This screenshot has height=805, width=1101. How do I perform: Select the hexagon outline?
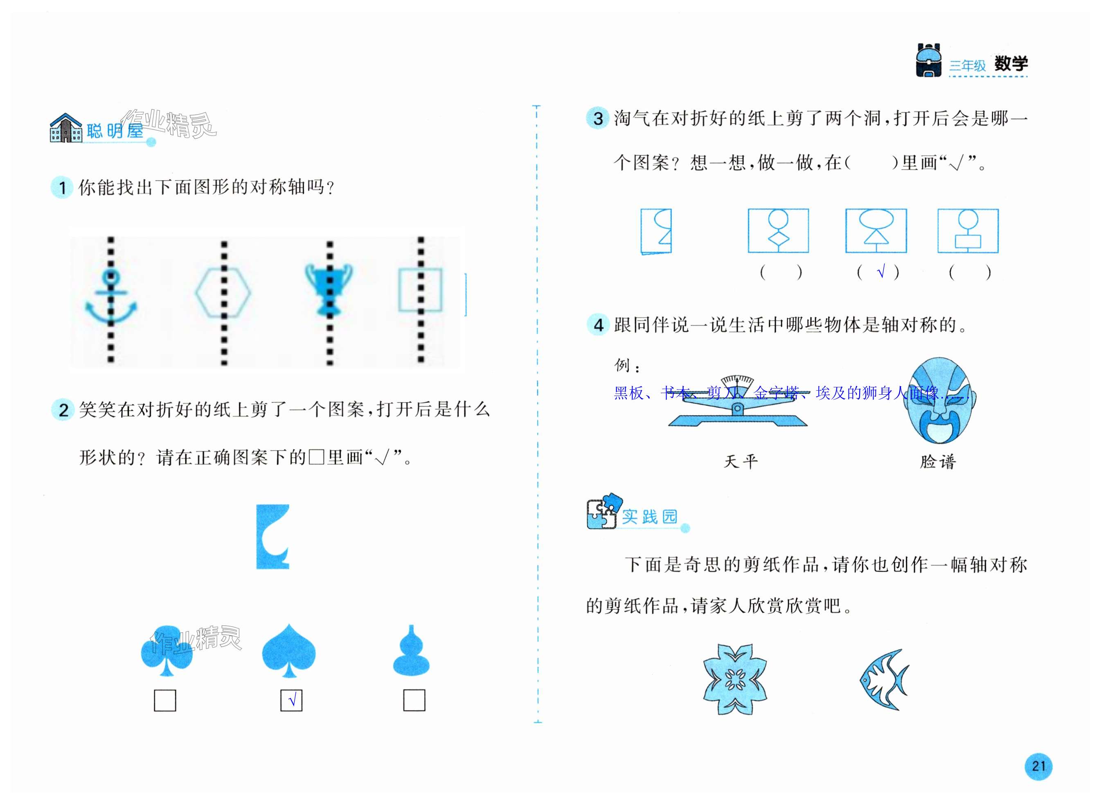[x=223, y=292]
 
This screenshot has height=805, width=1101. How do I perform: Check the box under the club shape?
[x=164, y=701]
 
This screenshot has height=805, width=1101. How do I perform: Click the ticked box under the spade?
[x=291, y=701]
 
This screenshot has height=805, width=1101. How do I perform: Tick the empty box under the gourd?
[x=414, y=701]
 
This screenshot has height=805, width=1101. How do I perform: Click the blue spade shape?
[x=289, y=651]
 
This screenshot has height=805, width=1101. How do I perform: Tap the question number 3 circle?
[x=597, y=118]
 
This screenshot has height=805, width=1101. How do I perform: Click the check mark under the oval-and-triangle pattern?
[x=880, y=272]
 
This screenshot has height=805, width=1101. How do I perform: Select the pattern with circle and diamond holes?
[x=778, y=231]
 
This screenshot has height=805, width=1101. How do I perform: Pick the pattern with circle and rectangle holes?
[x=968, y=231]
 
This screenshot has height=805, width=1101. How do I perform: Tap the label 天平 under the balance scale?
[x=741, y=461]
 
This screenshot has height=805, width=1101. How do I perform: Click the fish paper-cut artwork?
[x=884, y=679]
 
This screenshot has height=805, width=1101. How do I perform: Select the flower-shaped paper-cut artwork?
[x=735, y=679]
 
